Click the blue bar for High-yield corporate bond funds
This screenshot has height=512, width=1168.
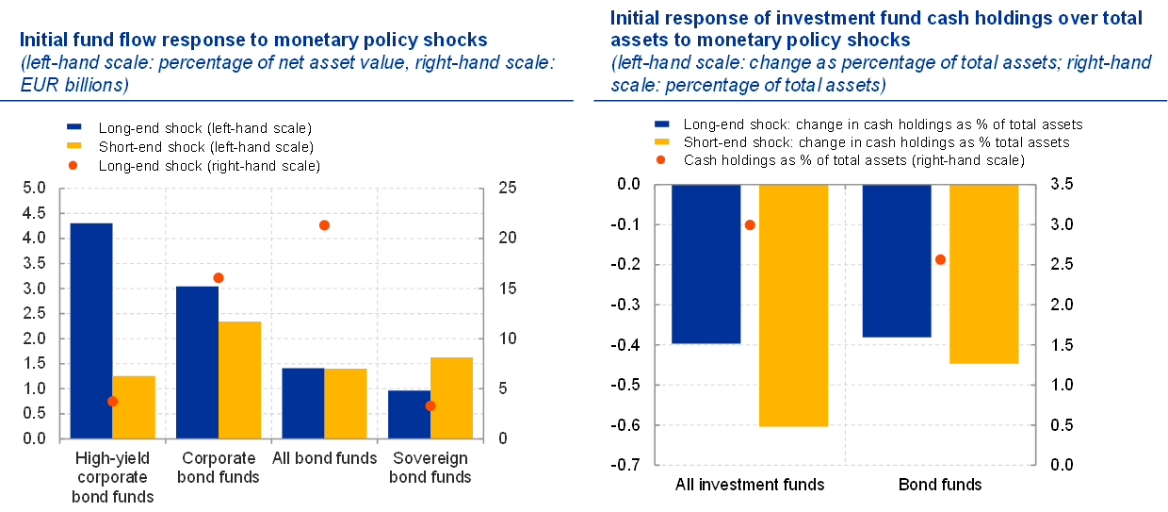pos(91,330)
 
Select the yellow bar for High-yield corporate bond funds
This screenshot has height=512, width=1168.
pos(134,406)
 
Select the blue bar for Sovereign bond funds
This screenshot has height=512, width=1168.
pos(409,414)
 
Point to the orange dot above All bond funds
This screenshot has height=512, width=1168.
pos(324,225)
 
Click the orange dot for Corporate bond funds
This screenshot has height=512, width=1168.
pos(219,278)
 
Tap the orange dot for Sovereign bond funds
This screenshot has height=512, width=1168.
pos(430,405)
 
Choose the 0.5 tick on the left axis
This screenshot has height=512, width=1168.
pos(34,413)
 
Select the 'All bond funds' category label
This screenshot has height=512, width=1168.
pos(324,458)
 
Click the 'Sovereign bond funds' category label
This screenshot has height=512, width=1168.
pos(430,467)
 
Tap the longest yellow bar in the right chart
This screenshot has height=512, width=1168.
pos(793,306)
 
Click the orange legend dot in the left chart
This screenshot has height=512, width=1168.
pos(73,165)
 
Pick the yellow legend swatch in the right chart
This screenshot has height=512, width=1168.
pos(662,141)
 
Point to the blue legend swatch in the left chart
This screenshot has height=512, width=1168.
pos(74,126)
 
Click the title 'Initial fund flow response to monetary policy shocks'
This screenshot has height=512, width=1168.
pos(253,41)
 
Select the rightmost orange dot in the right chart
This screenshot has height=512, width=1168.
pos(940,259)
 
